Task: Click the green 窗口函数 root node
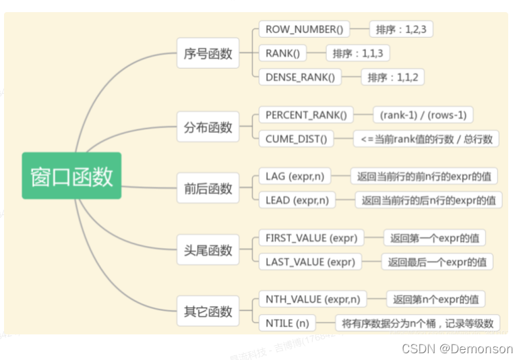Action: [71, 176]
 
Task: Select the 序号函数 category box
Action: [208, 53]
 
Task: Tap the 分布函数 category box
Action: [208, 127]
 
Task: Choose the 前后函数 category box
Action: [208, 187]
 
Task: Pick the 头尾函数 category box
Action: [208, 250]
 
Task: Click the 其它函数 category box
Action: [208, 311]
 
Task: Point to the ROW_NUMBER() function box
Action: [304, 29]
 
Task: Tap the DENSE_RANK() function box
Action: [300, 77]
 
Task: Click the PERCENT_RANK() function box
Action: [305, 115]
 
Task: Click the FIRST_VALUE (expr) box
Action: [311, 238]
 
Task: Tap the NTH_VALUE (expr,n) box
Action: [312, 299]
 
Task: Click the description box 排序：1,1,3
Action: [358, 53]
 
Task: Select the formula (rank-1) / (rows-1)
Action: [423, 115]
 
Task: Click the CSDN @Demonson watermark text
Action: [457, 349]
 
